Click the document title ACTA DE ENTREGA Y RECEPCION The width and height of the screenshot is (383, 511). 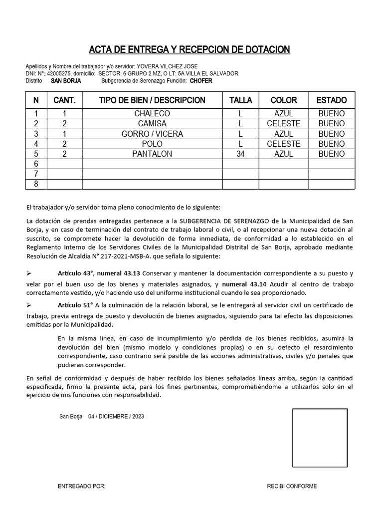[189, 49]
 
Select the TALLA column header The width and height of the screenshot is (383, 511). [240, 100]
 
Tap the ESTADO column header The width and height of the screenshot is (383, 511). [332, 100]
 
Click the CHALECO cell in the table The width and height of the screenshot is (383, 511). [152, 114]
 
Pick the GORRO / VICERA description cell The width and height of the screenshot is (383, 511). [152, 134]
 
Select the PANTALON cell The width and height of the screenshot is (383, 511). [152, 154]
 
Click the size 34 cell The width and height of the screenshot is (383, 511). [240, 154]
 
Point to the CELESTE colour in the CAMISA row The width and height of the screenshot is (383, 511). [283, 124]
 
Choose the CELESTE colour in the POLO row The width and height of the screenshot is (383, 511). [283, 144]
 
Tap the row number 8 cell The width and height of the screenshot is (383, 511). [36, 184]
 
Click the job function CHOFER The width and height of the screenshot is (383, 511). [201, 81]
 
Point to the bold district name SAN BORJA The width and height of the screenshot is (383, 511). [66, 81]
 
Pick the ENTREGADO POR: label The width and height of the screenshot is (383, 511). [82, 487]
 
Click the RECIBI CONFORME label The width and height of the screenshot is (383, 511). [292, 487]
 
